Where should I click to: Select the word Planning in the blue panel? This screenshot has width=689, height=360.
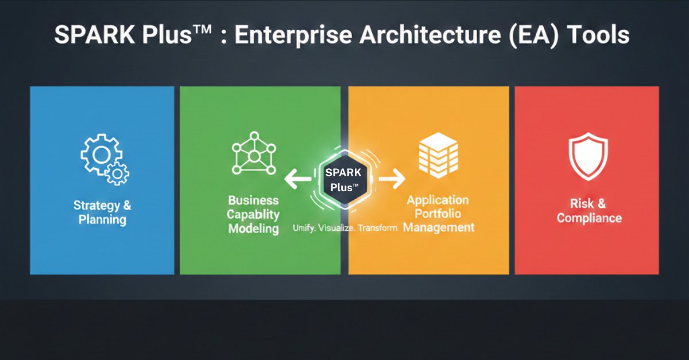pyautogui.click(x=103, y=219)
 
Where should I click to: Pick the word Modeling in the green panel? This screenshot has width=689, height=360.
pyautogui.click(x=253, y=229)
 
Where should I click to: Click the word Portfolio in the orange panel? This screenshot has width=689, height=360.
pyautogui.click(x=438, y=214)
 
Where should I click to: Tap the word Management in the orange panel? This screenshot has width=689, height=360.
pyautogui.click(x=439, y=227)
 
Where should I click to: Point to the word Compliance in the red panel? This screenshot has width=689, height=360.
pyautogui.click(x=589, y=218)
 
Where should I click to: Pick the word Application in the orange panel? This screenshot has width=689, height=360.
pyautogui.click(x=438, y=200)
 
